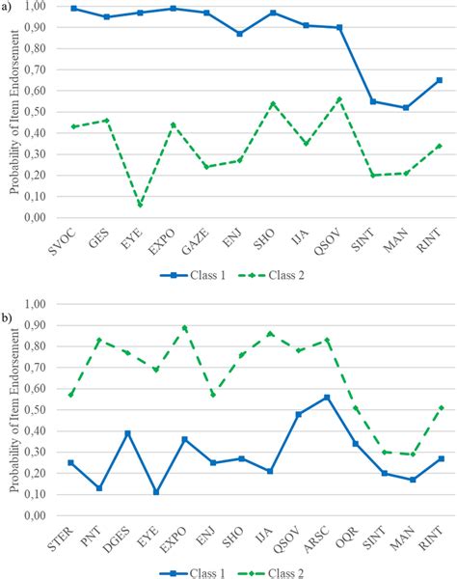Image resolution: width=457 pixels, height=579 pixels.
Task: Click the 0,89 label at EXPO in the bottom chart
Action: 184,327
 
